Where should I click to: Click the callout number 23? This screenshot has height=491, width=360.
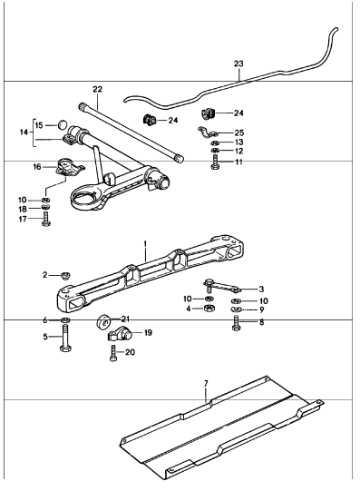[238, 64]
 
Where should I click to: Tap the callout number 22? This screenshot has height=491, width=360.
[97, 89]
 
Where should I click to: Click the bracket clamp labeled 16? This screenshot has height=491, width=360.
[70, 166]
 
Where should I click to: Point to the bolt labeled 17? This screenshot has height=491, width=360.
[46, 219]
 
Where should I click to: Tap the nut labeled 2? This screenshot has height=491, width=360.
[65, 276]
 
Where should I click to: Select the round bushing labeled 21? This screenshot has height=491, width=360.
[103, 321]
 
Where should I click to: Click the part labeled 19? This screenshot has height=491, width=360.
[121, 334]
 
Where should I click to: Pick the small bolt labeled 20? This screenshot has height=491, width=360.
[113, 354]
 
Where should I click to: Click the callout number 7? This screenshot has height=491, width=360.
[206, 383]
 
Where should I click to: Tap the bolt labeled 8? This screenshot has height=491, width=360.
[237, 323]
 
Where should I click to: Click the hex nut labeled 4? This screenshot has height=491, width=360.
[208, 309]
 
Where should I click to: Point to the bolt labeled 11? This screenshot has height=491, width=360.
[215, 162]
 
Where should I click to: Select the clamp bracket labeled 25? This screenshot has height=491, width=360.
[209, 133]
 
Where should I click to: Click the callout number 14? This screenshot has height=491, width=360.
[24, 132]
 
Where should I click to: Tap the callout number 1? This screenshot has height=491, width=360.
[145, 243]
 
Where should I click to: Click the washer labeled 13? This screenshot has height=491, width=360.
[215, 142]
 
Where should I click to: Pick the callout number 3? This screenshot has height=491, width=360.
[261, 289]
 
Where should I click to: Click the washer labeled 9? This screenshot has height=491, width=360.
[236, 309]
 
